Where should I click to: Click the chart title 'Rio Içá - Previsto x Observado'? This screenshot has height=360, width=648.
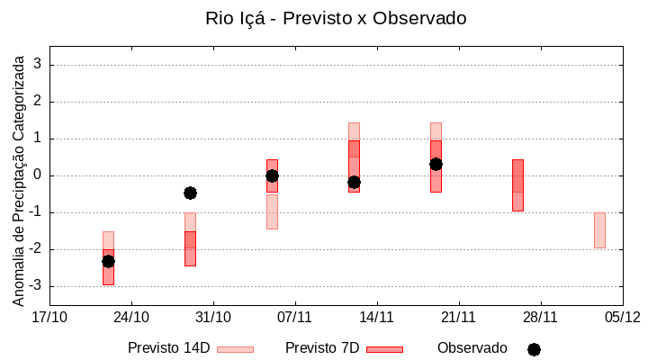pos(336,18)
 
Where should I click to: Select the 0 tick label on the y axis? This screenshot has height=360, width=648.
pos(39,175)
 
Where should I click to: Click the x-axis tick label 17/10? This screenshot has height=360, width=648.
pos(49,317)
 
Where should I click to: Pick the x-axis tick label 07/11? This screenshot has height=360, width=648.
pos(294,317)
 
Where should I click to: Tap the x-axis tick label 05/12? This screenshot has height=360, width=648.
pos(622,317)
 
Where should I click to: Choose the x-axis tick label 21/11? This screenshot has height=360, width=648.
pos(458,317)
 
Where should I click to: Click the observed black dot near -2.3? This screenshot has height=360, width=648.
pos(108,261)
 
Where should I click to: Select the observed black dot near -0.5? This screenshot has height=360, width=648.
pos(190,193)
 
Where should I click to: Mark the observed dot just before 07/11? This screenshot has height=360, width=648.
pos(272,175)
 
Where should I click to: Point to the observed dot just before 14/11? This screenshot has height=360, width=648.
pos(354,182)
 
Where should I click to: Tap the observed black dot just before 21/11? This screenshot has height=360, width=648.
pos(436,164)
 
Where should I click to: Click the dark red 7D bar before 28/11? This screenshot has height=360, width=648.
pos(517,184)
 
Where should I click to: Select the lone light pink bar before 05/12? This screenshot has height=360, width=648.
pos(599,229)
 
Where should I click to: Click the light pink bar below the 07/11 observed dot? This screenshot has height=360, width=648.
pos(272,211)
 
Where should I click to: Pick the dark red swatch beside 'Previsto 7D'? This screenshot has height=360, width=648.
pos(384,349)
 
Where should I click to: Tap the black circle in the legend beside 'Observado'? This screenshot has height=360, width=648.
pos(534,349)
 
